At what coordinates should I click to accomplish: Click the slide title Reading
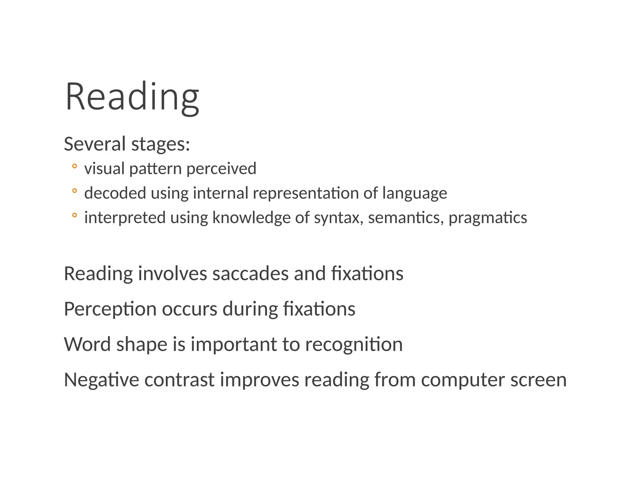pyautogui.click(x=132, y=97)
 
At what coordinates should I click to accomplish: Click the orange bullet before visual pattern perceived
pyautogui.click(x=74, y=166)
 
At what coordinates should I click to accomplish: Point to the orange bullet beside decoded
pyautogui.click(x=74, y=191)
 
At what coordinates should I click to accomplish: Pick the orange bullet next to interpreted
pyautogui.click(x=74, y=215)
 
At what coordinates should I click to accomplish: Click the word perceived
pyautogui.click(x=221, y=169)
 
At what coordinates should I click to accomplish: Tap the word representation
pyautogui.click(x=305, y=193)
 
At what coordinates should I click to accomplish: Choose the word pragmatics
pyautogui.click(x=488, y=218)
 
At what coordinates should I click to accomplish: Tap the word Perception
pyautogui.click(x=110, y=309)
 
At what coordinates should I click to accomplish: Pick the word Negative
pyautogui.click(x=101, y=380)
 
